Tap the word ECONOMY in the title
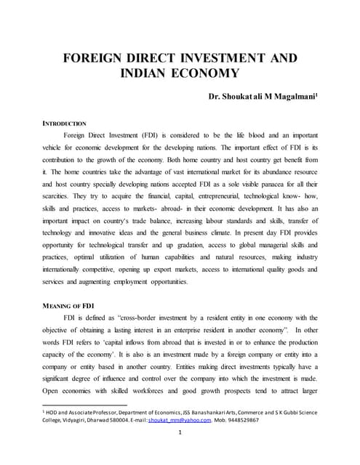pyautogui.click(x=208, y=73)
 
